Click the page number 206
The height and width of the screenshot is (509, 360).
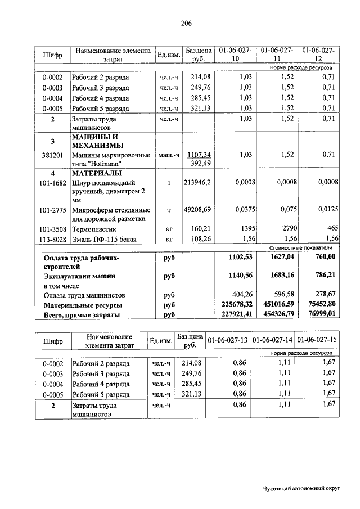187,23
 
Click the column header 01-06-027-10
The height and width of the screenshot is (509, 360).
236,55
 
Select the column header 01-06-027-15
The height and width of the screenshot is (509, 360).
318,340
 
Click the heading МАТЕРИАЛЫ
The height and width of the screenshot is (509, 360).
96,173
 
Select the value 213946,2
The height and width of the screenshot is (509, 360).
197,182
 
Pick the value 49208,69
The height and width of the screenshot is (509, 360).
197,209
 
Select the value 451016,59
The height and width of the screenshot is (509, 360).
276,305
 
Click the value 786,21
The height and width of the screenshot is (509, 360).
325,276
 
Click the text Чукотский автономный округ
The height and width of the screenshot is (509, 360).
303,489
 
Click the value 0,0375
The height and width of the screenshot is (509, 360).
244,209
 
